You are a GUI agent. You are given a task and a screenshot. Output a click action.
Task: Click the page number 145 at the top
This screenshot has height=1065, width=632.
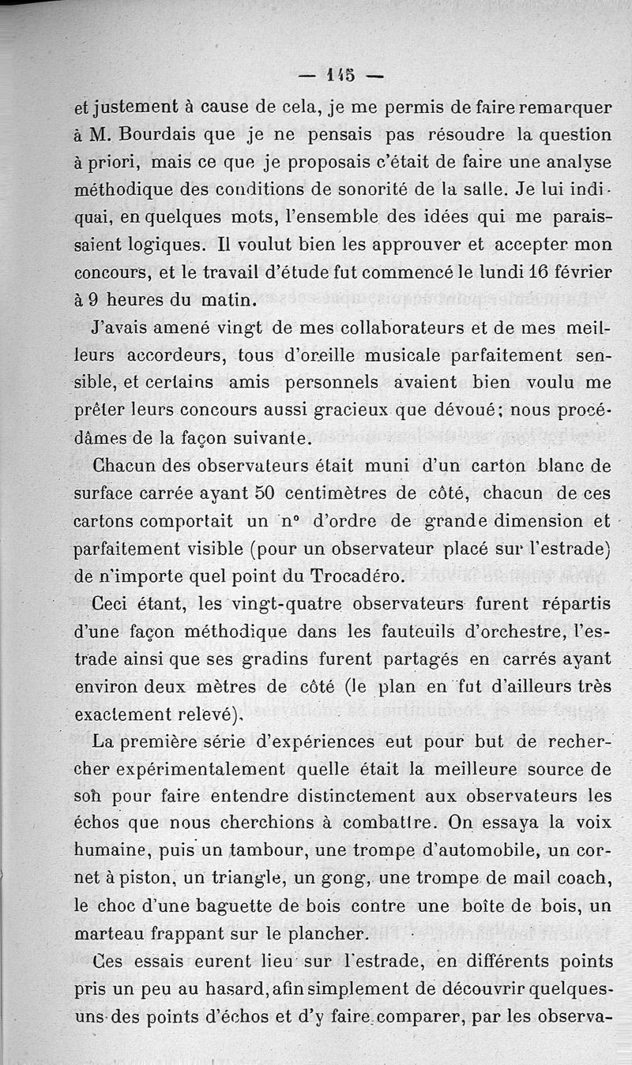coord(340,76)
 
